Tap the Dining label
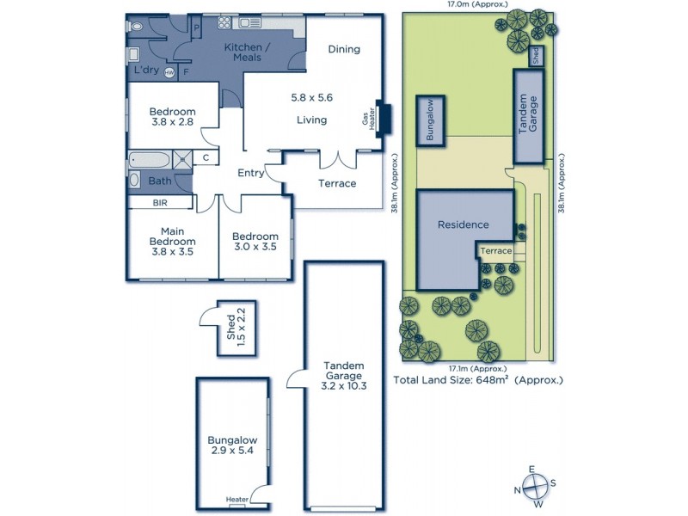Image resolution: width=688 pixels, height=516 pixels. [x=343, y=49]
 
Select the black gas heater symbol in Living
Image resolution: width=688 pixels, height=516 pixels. [x=384, y=119]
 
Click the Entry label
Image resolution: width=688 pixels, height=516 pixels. [x=250, y=173]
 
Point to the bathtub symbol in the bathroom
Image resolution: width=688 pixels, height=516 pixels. [x=150, y=158]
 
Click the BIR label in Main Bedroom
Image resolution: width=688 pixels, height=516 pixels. [x=159, y=203]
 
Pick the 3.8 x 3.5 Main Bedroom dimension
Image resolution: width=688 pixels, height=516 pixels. [x=172, y=253]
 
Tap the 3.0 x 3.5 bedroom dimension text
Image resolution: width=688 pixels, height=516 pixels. [x=255, y=248]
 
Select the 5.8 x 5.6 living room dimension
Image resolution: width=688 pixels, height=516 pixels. [x=311, y=99]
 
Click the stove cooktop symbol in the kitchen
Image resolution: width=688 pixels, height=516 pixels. [x=224, y=23]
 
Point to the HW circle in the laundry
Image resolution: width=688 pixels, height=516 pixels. [x=169, y=72]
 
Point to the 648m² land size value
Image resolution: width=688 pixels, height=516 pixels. [x=492, y=380]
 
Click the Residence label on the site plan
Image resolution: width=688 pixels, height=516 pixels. [x=463, y=224]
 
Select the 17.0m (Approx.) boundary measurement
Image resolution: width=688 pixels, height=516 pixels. [x=464, y=5]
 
